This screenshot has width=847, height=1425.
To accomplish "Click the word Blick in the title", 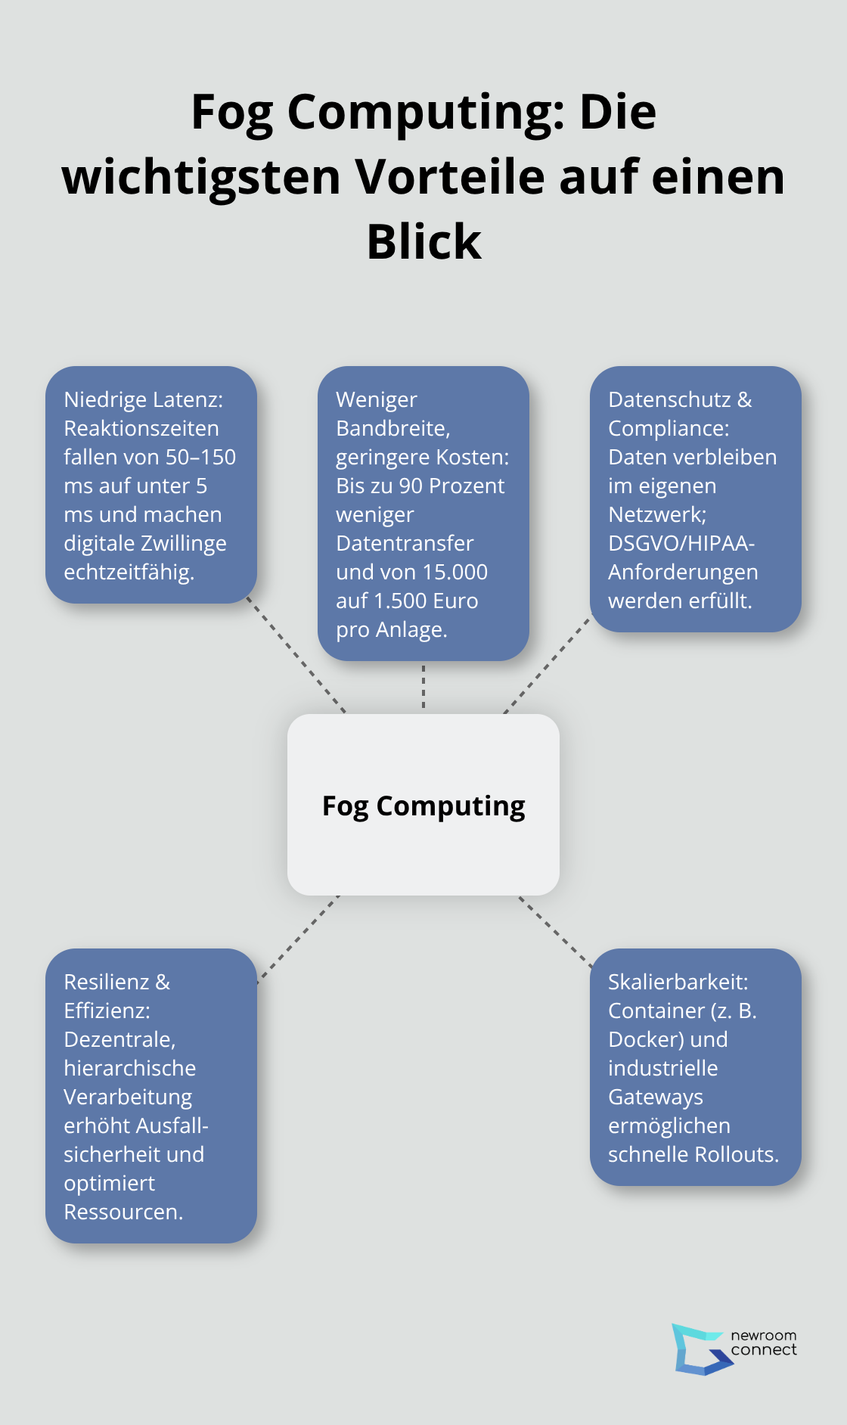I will pyautogui.click(x=423, y=242).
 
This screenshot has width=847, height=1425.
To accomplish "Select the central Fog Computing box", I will pyautogui.click(x=423, y=805).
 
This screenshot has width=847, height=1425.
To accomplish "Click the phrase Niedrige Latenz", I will pyautogui.click(x=143, y=399).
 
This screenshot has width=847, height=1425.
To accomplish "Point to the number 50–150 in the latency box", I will pyautogui.click(x=200, y=457).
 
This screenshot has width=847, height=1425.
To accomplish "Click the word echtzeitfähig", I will pyautogui.click(x=129, y=572).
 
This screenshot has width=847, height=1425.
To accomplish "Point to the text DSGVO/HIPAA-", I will pyautogui.click(x=681, y=543).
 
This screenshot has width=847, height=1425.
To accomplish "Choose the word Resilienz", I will pyautogui.click(x=107, y=982).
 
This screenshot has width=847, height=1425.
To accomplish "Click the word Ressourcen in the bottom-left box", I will pyautogui.click(x=123, y=1212).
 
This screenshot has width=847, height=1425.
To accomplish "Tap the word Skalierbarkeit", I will pyautogui.click(x=678, y=982).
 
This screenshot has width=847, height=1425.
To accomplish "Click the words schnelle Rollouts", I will pyautogui.click(x=693, y=1154).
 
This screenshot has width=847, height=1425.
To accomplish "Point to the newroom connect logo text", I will pyautogui.click(x=764, y=1343).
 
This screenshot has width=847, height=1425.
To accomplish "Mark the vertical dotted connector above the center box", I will pyautogui.click(x=423, y=687).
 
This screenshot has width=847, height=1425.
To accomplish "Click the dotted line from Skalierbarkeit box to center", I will pyautogui.click(x=555, y=931).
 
